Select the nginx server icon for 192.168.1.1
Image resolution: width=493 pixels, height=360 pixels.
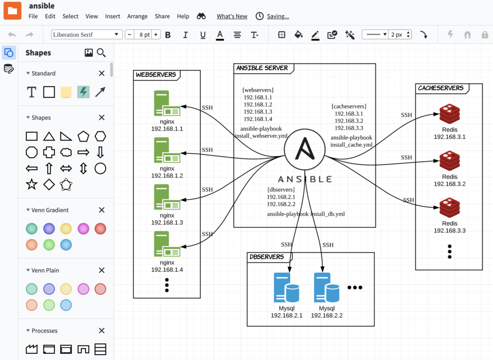[167, 104]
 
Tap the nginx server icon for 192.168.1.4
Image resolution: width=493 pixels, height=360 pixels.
[167, 244]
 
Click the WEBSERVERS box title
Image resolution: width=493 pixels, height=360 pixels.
[155, 75]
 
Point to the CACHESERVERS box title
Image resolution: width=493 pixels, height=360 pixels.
[441, 88]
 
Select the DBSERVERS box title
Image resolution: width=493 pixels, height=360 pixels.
[267, 257]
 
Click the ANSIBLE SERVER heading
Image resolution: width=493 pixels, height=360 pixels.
[262, 68]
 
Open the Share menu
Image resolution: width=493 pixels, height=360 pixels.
[162, 16]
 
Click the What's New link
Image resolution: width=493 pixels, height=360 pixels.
[232, 16]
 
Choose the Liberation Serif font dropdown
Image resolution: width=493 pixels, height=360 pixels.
[87, 35]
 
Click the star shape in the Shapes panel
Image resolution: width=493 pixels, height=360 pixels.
[32, 184]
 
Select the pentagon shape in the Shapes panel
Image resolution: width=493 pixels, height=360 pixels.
[83, 136]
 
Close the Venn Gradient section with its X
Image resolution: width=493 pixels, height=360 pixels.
[102, 210]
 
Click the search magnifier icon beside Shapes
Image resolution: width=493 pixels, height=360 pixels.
[101, 53]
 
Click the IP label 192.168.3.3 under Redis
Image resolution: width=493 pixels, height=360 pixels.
[450, 231]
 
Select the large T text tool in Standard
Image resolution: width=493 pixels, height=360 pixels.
[32, 92]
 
